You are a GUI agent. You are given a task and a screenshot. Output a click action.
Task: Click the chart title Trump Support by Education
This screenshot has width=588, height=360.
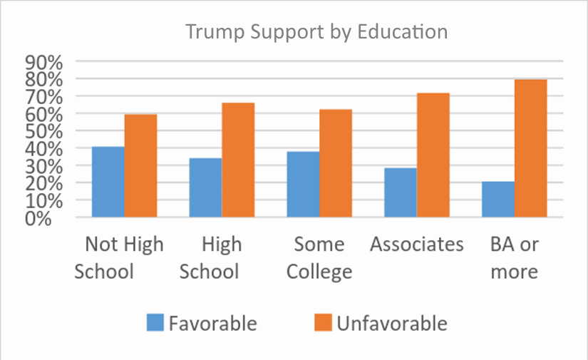316,32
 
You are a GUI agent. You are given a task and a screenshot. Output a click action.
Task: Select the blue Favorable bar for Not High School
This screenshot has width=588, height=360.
108,182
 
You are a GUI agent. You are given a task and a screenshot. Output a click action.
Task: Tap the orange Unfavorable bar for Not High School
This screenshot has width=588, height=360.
140,165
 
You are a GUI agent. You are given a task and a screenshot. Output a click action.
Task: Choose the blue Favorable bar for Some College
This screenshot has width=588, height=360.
303,184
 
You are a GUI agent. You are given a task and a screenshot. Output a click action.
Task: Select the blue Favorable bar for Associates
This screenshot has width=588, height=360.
401,192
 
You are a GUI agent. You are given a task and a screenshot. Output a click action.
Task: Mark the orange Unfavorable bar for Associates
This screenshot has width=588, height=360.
433,155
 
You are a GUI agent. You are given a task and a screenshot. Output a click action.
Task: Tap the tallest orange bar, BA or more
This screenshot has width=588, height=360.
531,148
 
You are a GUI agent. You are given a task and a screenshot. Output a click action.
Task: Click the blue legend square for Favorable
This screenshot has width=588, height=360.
155,323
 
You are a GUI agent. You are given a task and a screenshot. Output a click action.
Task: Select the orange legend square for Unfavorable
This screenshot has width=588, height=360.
322,323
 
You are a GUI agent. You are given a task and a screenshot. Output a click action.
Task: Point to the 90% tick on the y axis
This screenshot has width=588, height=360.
45,62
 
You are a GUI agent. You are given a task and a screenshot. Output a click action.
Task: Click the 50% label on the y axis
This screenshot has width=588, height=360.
45,131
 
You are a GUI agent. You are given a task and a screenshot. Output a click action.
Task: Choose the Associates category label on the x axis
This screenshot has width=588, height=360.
417,245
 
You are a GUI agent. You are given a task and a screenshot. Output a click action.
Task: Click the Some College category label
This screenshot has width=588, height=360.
319,258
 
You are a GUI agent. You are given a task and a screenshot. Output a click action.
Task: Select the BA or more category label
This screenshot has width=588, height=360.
514,258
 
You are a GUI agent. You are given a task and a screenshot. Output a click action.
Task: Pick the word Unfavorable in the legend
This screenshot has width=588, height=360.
392,323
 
